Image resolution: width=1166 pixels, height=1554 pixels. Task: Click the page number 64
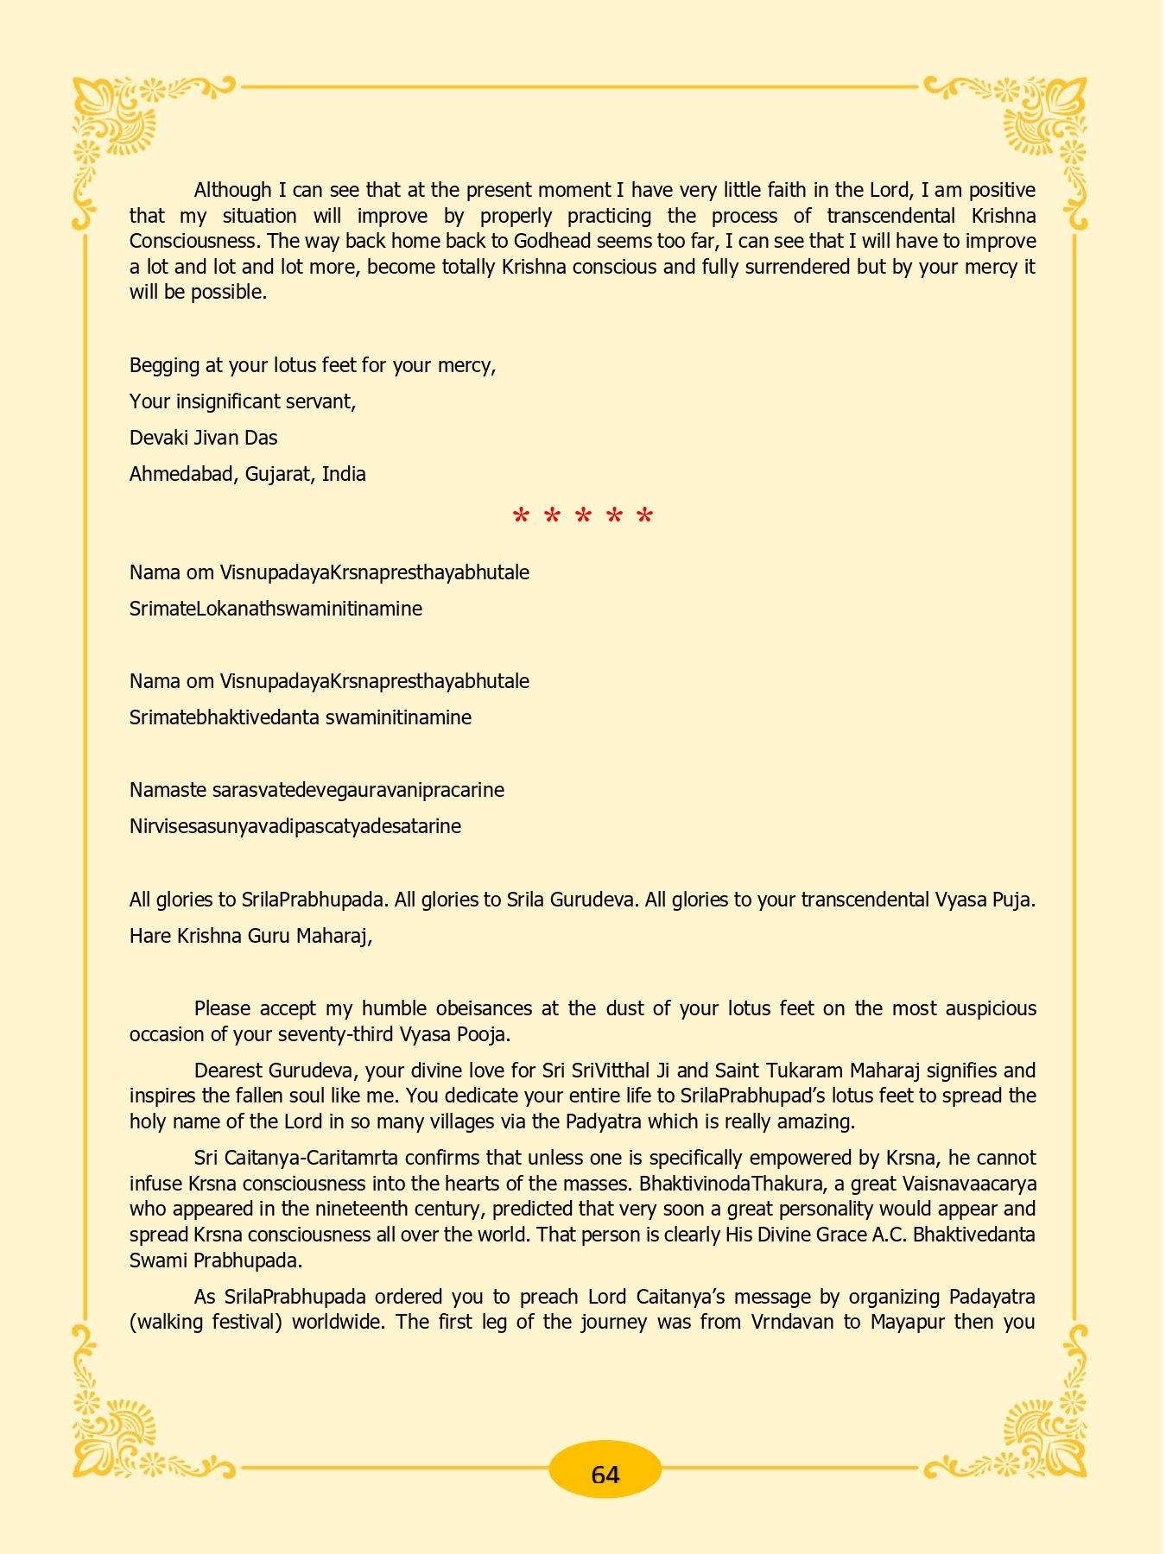pyautogui.click(x=605, y=1475)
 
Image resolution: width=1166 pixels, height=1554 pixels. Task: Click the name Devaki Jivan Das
pyautogui.click(x=203, y=438)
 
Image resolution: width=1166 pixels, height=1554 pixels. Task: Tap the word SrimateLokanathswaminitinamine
pyautogui.click(x=276, y=609)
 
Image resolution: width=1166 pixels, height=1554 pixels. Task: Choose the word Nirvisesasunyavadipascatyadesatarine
pyautogui.click(x=295, y=826)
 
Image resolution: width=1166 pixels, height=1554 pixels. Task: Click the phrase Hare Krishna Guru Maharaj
pyautogui.click(x=250, y=936)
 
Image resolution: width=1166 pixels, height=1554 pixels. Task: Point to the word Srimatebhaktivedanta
pyautogui.click(x=225, y=717)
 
